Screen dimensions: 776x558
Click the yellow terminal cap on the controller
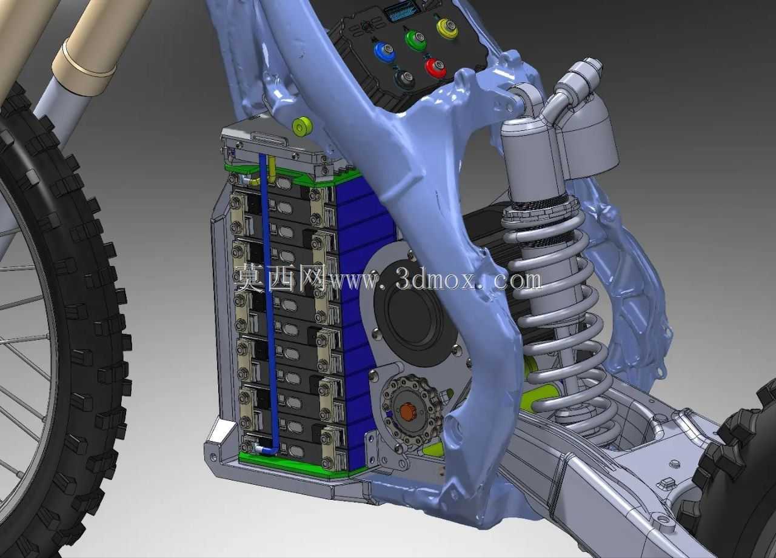[448, 28]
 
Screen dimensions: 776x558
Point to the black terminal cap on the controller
[404, 80]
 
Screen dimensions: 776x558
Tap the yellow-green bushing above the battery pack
[302, 127]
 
